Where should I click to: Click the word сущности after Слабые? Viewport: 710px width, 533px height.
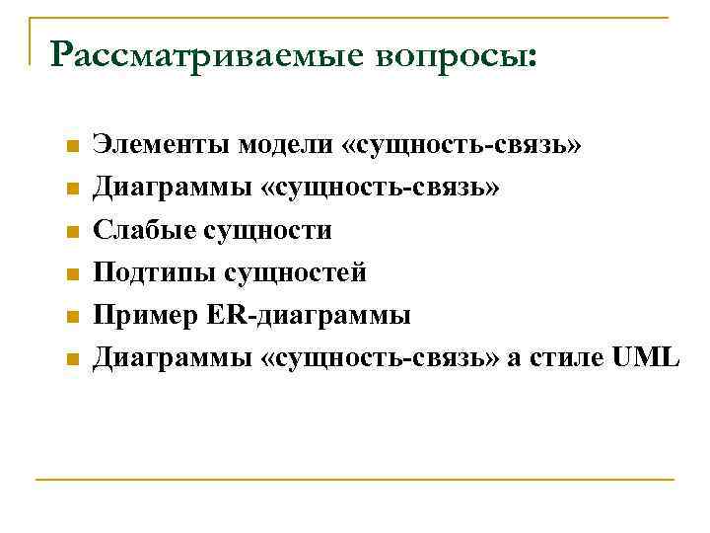click(267, 231)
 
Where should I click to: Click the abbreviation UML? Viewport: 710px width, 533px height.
click(645, 358)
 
